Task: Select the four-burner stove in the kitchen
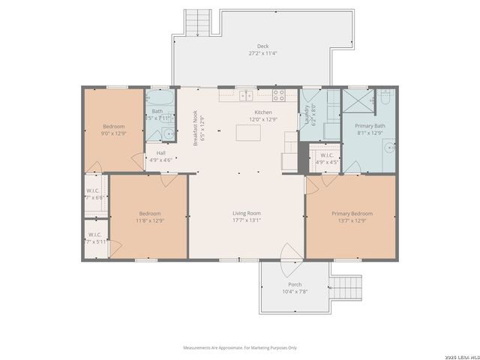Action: [279, 95]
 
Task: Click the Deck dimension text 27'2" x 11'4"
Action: [262, 53]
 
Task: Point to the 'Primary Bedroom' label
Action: [352, 213]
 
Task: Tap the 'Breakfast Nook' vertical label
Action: [196, 127]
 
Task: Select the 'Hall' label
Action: [160, 153]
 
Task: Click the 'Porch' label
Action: [295, 284]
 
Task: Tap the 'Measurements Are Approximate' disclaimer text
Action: [240, 347]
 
